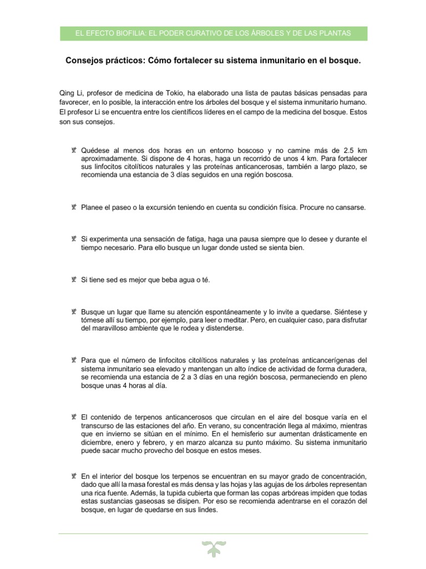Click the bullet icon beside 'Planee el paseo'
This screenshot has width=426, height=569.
coord(73,207)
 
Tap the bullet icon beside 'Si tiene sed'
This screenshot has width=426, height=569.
coord(73,279)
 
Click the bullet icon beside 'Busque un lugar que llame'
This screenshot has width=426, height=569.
coord(73,312)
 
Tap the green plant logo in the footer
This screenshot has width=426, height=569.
coord(213,548)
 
